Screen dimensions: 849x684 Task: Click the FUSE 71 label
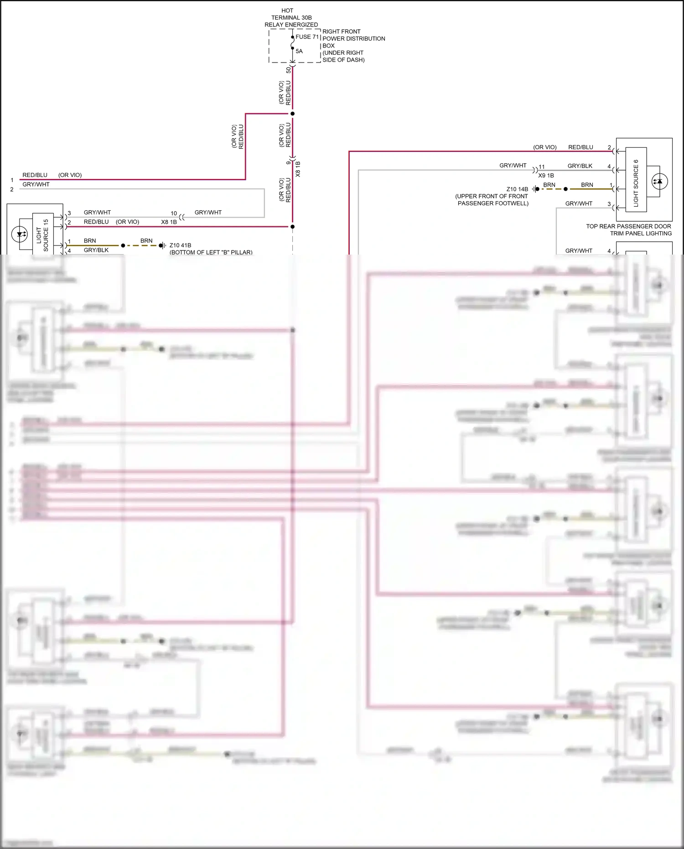point(307,37)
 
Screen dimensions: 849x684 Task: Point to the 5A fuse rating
point(299,51)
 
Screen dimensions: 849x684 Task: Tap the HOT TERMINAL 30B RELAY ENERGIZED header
point(291,18)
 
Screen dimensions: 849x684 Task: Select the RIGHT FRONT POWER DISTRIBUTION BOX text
point(353,39)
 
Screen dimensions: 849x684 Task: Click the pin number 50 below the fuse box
point(288,70)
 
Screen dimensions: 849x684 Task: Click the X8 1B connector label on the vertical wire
point(298,169)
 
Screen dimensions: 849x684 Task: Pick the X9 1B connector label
point(546,175)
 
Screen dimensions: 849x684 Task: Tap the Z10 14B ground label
point(517,189)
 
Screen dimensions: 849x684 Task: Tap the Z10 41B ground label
point(180,245)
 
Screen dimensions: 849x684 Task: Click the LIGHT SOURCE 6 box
point(636,180)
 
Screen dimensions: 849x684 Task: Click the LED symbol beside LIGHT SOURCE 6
point(659,181)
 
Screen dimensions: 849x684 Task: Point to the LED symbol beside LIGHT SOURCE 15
point(20,234)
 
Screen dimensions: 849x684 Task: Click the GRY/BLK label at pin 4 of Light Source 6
point(580,166)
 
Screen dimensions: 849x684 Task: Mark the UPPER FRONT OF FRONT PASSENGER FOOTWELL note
point(492,200)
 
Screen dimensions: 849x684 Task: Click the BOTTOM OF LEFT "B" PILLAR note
point(211,252)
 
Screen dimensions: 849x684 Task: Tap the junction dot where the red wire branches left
point(292,114)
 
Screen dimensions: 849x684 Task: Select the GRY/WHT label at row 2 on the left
point(36,184)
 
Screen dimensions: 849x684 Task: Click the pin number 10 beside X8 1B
point(174,213)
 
